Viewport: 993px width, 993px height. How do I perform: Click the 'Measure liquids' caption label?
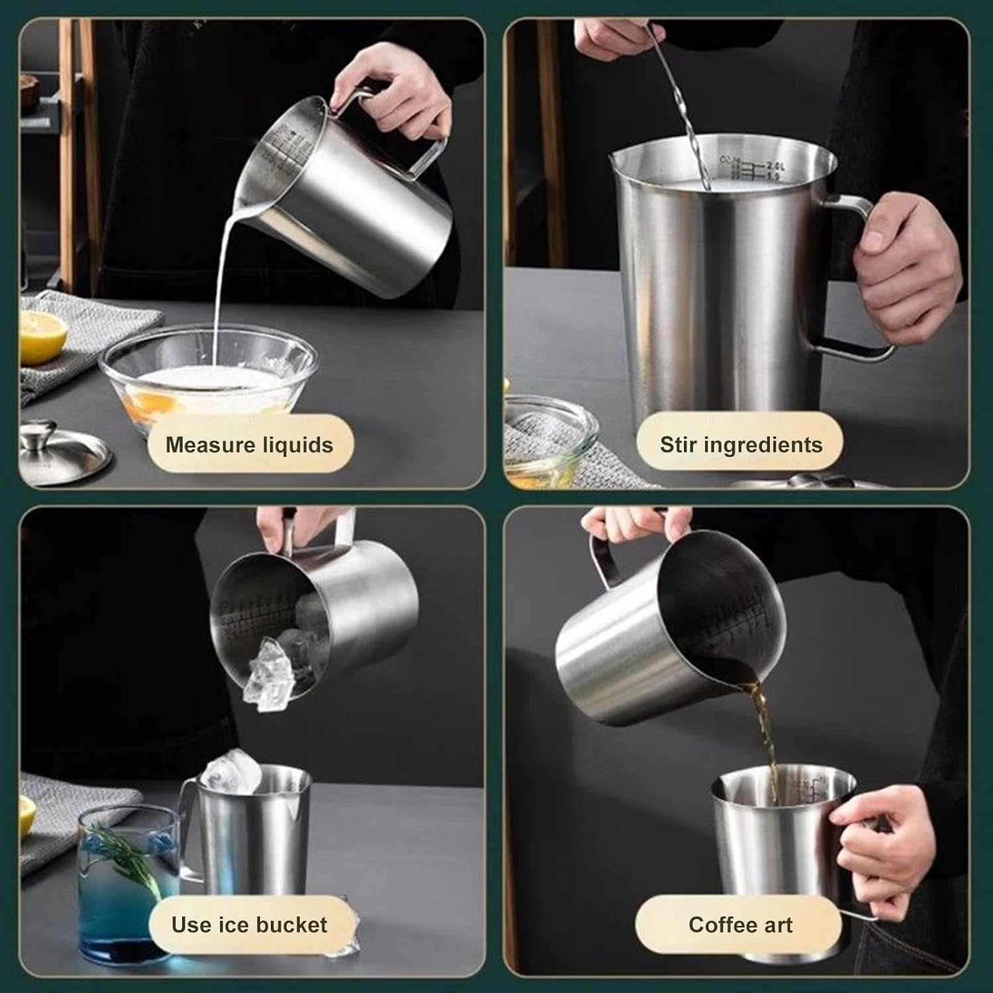[249, 445]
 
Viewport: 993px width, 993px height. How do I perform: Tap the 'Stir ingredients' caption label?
[741, 445]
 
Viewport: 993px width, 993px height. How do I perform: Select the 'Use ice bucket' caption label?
[249, 925]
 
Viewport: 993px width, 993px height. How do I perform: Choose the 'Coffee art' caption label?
[740, 925]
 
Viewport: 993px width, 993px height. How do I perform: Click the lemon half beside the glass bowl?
[41, 336]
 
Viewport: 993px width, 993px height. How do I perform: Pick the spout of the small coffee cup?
[722, 791]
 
